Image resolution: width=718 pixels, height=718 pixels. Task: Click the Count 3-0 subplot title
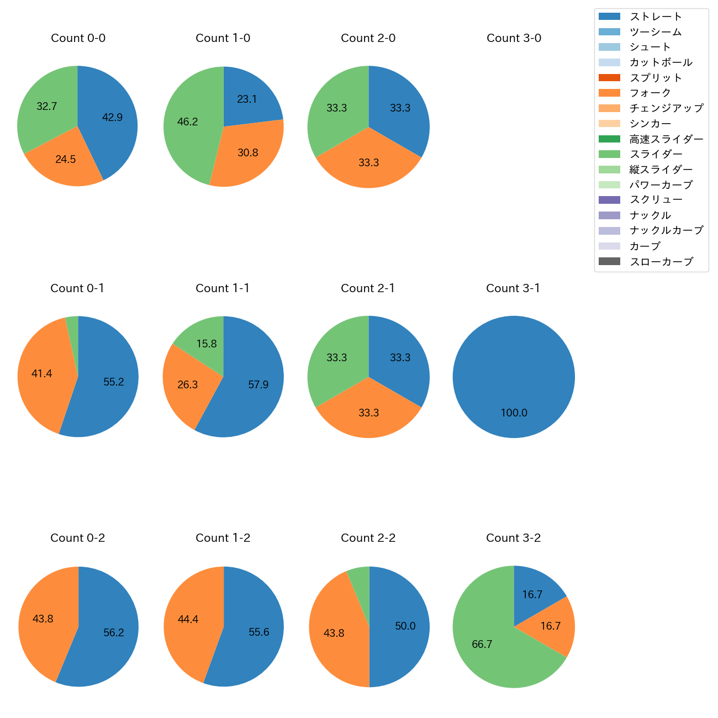[x=514, y=38]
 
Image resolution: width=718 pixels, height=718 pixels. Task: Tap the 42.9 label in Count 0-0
[x=112, y=117]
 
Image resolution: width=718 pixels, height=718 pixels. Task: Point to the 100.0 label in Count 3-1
[x=514, y=413]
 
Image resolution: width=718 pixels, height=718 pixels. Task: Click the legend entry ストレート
[x=656, y=17]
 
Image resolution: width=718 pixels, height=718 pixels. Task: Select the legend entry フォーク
[x=650, y=93]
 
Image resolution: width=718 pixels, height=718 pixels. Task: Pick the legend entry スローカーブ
[x=661, y=262]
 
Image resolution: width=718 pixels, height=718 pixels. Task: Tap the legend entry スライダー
[x=656, y=154]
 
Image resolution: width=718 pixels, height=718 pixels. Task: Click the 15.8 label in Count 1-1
[x=207, y=344]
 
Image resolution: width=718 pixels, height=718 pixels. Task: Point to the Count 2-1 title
[x=368, y=288]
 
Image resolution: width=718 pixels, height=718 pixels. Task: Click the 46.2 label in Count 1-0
[x=187, y=122]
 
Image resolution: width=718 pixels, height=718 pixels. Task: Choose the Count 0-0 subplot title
[x=78, y=38]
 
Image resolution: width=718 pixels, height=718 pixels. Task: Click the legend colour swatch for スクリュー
[x=609, y=200]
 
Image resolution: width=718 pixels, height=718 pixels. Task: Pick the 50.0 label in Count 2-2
[x=405, y=626]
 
